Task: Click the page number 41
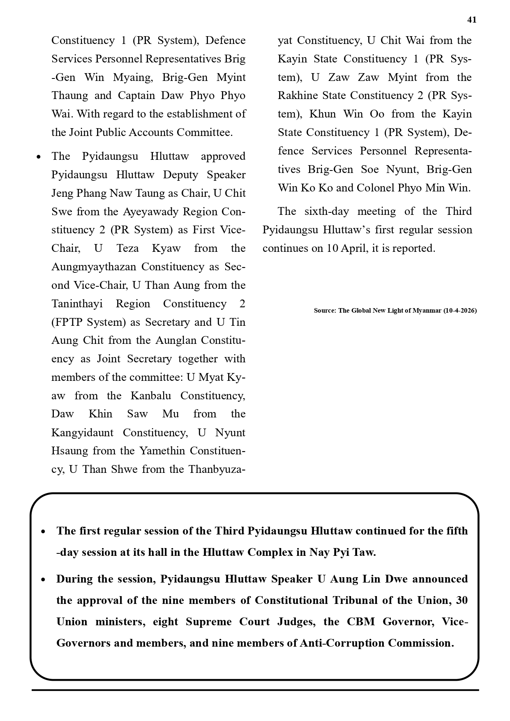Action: (472, 20)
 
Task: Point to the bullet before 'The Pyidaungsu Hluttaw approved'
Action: (39, 157)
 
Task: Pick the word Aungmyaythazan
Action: (94, 267)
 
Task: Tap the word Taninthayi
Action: (77, 304)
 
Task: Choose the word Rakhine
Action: (297, 96)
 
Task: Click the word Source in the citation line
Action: (324, 311)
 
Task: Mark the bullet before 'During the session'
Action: (44, 580)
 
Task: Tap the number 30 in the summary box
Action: (462, 600)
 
